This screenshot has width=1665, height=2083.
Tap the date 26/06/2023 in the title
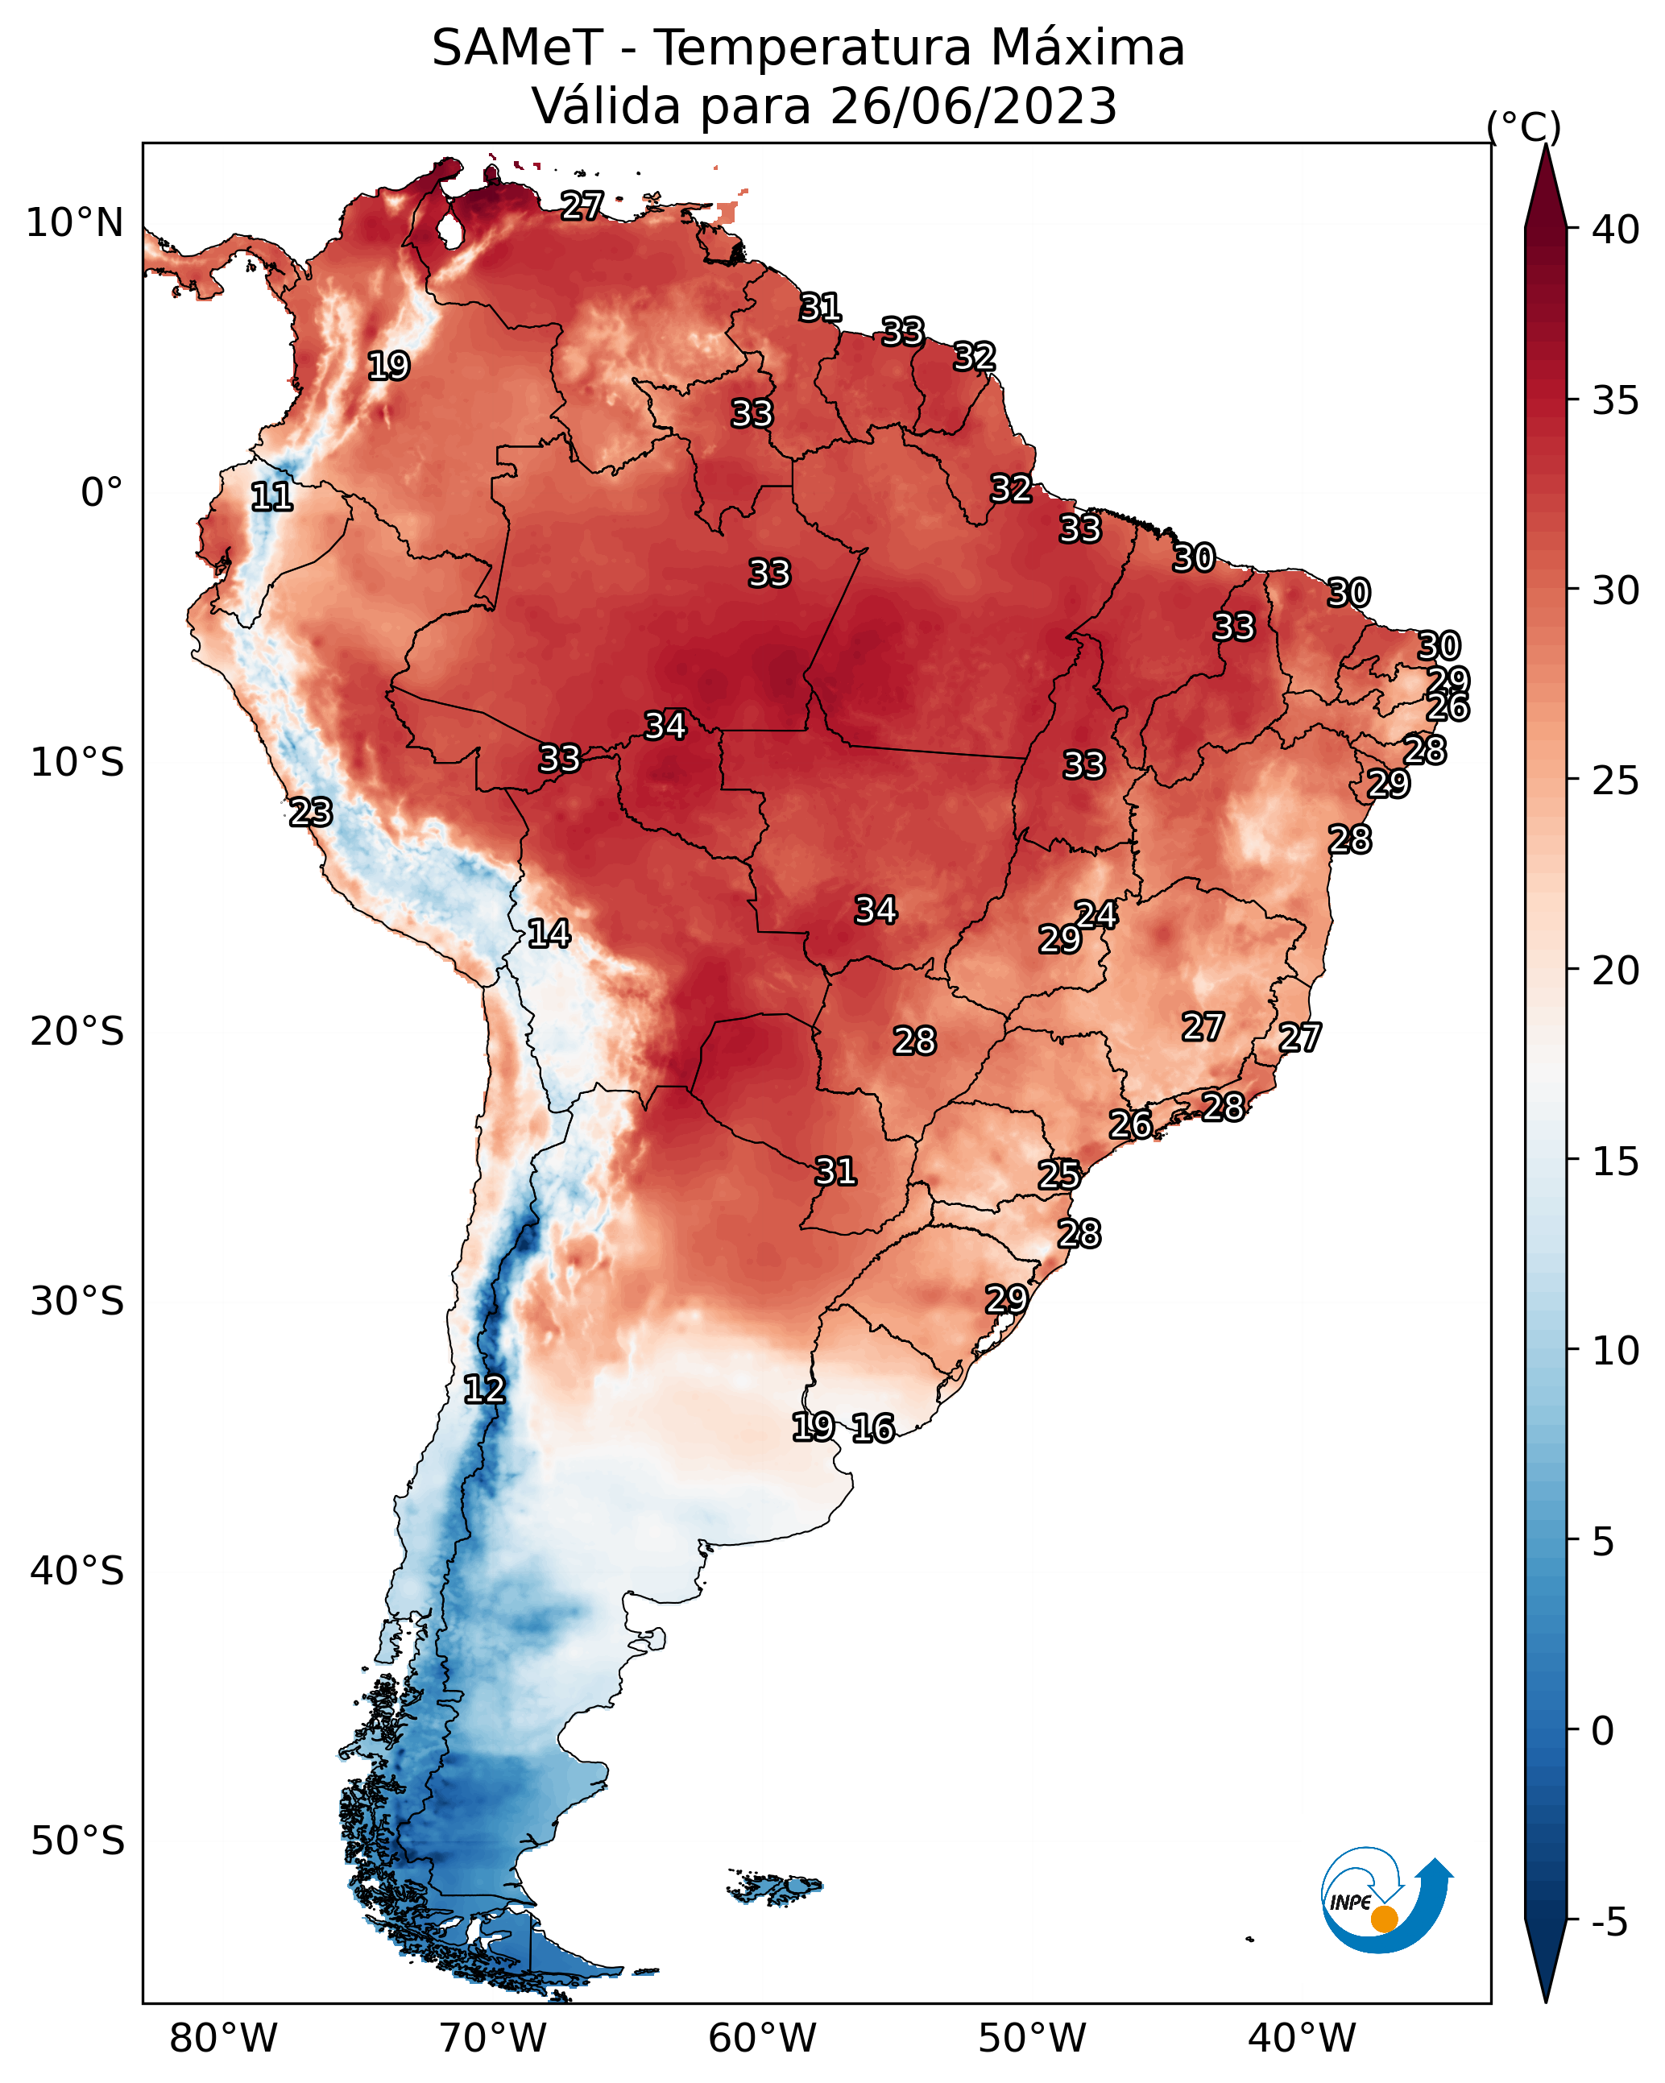972,106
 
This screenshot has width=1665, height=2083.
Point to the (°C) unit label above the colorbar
1523,126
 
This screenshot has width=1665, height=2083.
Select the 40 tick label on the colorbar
1615,230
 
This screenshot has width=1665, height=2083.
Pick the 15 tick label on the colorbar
1615,1162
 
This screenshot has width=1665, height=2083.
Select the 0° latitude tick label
102,492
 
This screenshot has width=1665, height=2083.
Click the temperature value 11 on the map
271,498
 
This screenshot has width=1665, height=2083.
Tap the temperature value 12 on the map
484,1389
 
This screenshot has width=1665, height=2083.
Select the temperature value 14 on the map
549,934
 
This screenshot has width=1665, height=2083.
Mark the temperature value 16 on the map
872,1428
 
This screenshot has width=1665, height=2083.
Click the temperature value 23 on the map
311,813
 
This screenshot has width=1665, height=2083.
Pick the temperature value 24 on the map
1097,915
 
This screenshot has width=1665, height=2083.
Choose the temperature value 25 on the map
1060,1175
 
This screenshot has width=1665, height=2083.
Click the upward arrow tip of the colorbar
1545,145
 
